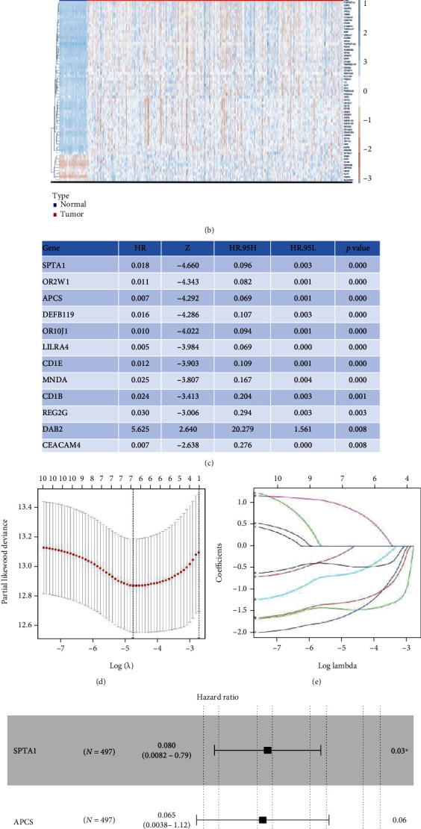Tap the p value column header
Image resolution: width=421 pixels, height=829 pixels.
point(358,248)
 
